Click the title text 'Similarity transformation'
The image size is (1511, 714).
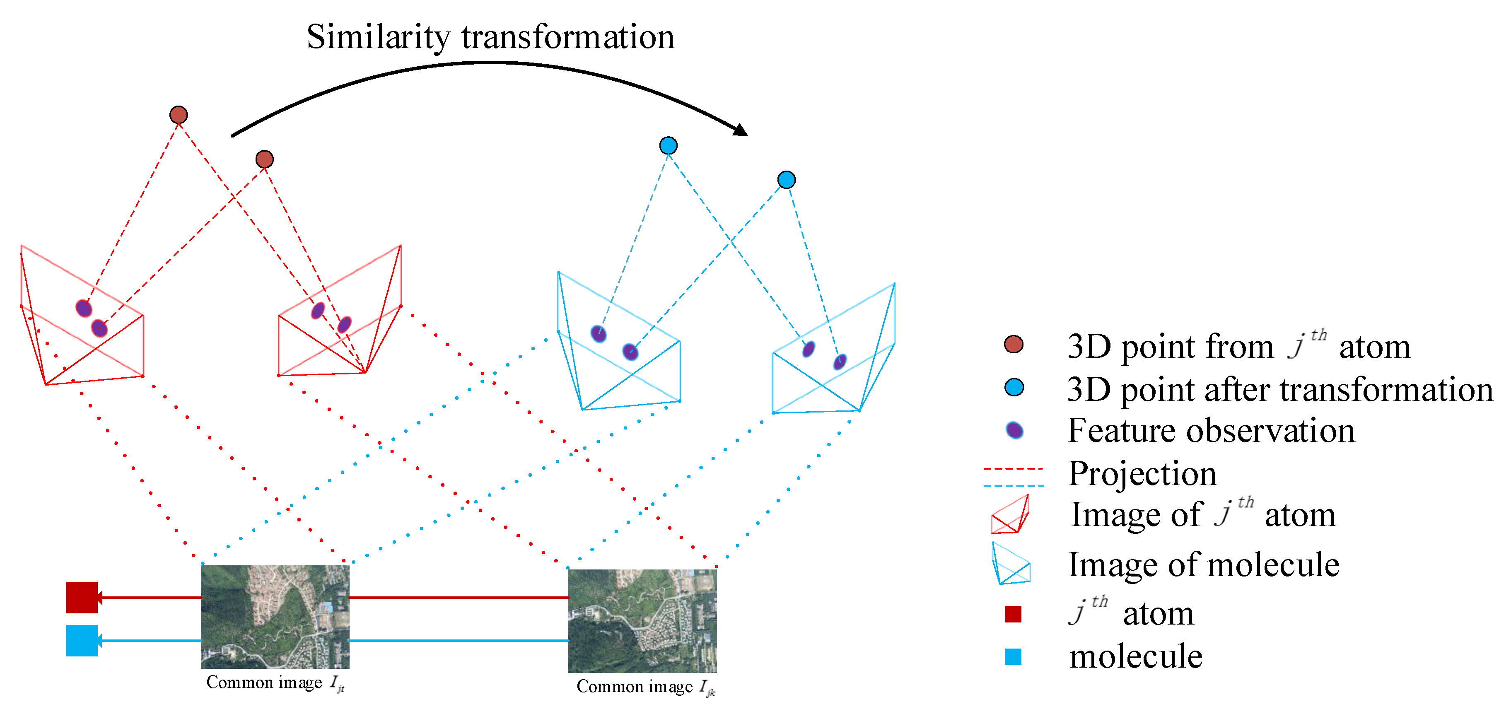[x=490, y=38]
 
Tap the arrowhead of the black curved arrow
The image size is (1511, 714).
[x=741, y=129]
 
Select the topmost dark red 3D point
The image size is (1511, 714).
[x=179, y=114]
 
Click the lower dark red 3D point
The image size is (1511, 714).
[x=265, y=159]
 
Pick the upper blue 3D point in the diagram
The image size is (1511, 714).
[x=668, y=145]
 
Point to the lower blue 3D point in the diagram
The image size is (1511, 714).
[x=786, y=179]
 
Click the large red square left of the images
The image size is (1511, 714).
[x=82, y=597]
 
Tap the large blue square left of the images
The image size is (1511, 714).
[x=82, y=640]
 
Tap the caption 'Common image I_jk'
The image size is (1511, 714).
[x=645, y=687]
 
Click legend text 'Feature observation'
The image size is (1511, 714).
[x=1211, y=431]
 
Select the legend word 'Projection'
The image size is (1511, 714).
[x=1142, y=473]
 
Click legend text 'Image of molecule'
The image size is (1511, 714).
[x=1204, y=564]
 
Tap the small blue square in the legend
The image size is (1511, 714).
[x=1013, y=656]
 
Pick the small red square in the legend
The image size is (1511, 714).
[x=1013, y=614]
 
